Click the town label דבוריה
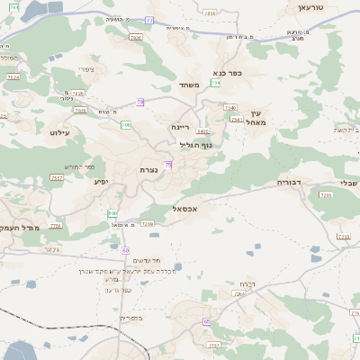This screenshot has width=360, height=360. point(289,182)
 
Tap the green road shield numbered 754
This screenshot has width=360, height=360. point(216,83)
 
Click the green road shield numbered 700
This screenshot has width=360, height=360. point(126,125)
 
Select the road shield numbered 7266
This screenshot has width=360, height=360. point(326,194)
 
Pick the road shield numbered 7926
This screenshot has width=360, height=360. point(136,38)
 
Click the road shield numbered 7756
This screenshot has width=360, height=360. point(56,227)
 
